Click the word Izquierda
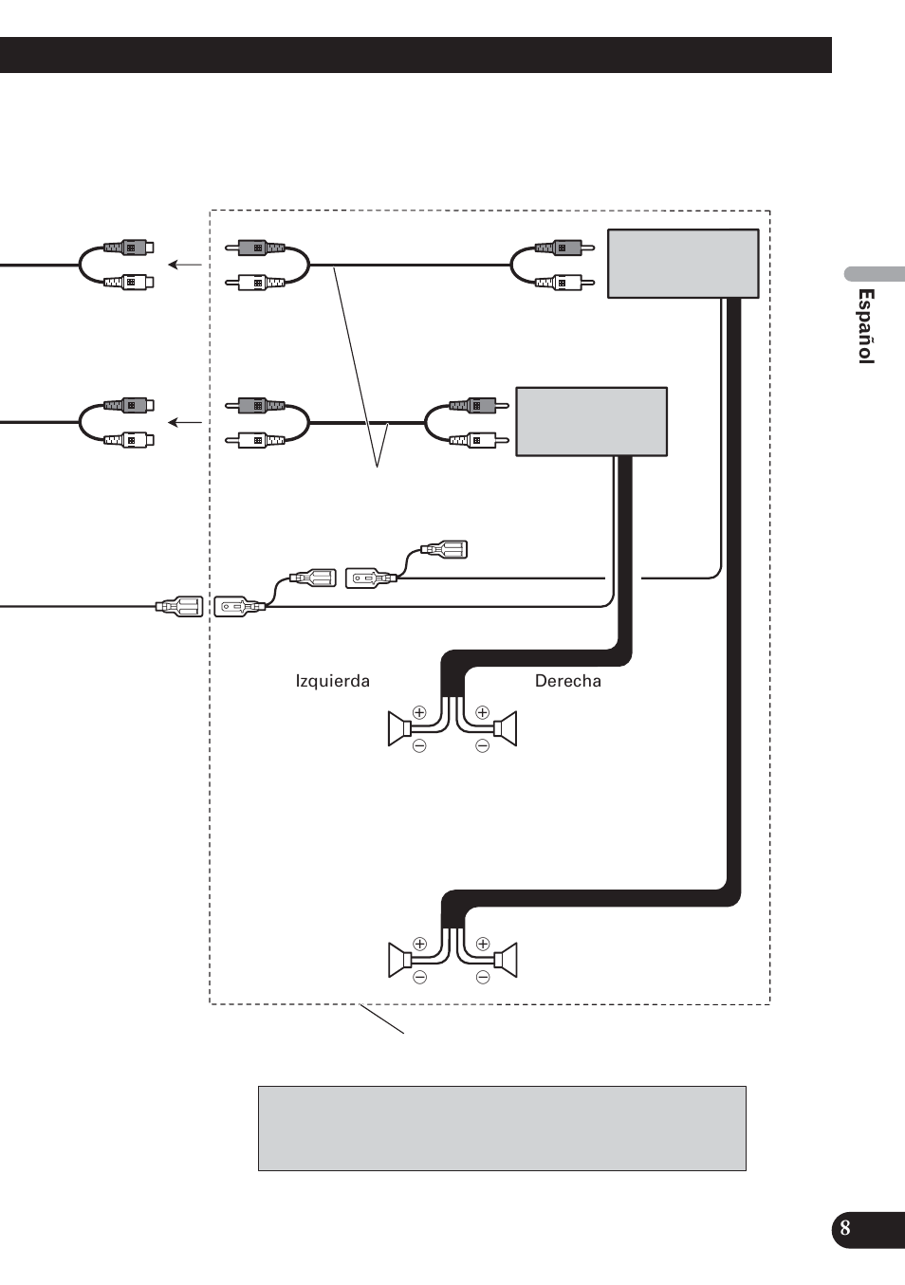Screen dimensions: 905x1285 332,681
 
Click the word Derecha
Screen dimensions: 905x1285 567,681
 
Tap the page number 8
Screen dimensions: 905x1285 844,1228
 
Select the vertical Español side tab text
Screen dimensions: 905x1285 865,326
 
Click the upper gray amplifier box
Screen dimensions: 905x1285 683,264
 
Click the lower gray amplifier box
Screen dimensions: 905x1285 591,422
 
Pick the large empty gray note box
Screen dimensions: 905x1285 502,1128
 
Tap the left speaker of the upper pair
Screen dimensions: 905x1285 398,728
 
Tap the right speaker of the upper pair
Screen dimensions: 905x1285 507,728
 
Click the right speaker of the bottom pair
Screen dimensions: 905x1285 507,960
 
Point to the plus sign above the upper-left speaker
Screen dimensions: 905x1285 419,712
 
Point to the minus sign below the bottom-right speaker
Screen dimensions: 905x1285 483,977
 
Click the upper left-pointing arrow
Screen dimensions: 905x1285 185,265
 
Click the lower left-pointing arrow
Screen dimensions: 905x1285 185,423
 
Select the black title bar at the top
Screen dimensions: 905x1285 416,55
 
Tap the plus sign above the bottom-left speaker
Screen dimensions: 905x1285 420,944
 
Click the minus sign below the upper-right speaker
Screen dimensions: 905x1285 483,745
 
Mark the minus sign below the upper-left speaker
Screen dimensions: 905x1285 419,745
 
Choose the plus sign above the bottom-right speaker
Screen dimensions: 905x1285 483,944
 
